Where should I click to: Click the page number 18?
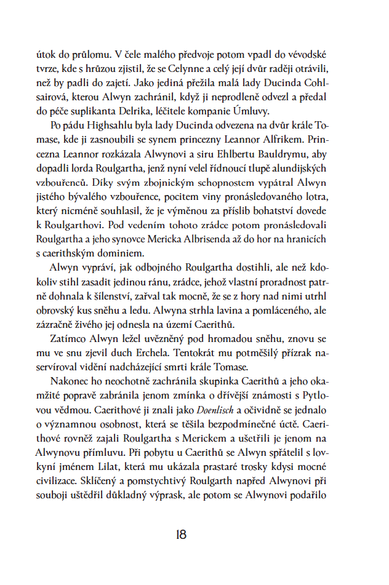point(180,535)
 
